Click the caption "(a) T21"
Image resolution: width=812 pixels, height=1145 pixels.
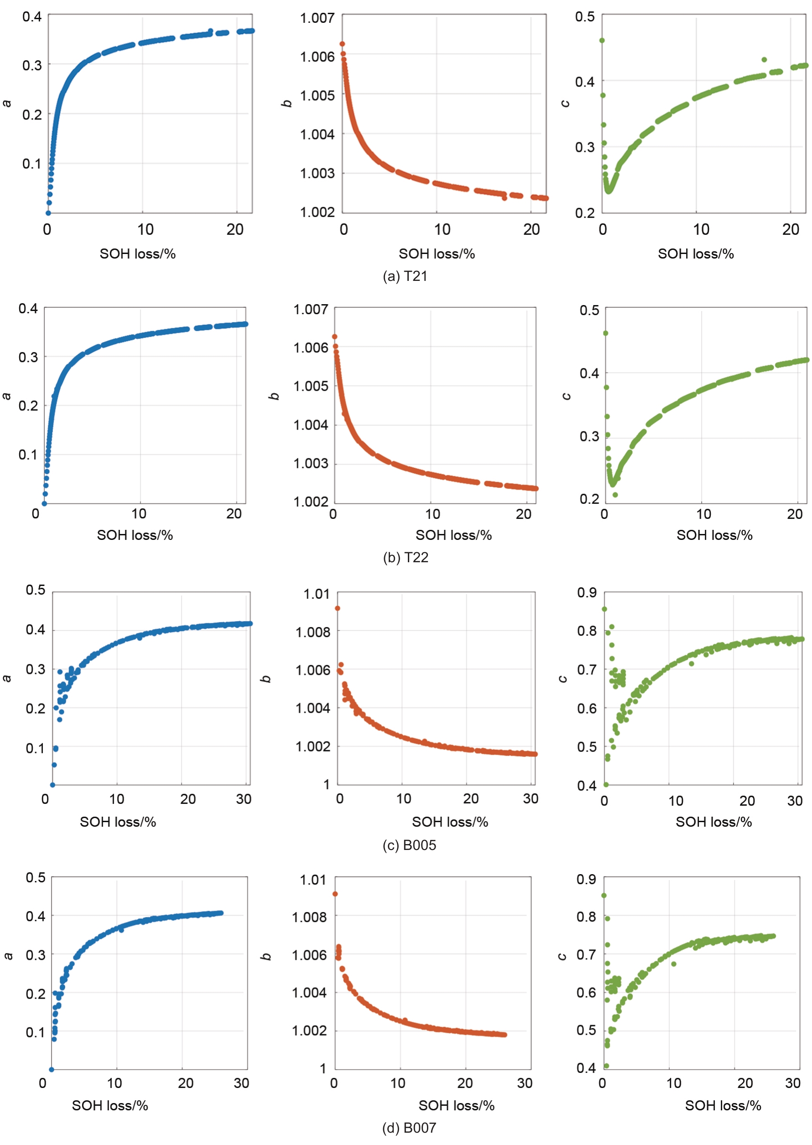[x=405, y=276]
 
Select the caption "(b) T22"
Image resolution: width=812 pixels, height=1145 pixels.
[x=406, y=557]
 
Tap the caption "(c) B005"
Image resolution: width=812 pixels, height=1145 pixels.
[x=409, y=845]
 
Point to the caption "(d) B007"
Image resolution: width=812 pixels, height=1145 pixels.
[x=409, y=1128]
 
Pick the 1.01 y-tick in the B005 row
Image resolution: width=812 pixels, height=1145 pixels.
[x=317, y=594]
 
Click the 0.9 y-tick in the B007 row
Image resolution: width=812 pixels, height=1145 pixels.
[x=586, y=880]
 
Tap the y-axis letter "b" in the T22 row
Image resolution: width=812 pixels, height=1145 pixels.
[x=274, y=396]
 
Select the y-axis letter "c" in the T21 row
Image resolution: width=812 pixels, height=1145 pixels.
[x=565, y=103]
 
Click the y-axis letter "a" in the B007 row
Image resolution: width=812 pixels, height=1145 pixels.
[x=9, y=955]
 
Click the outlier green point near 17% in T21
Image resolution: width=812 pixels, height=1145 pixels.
[x=764, y=60]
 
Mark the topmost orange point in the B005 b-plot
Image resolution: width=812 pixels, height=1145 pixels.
[x=338, y=608]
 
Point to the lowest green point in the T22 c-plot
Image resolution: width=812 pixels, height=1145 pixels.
[x=615, y=495]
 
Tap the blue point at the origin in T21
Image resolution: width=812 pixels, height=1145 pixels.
[x=48, y=213]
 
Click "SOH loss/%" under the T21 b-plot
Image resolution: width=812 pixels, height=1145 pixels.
[x=437, y=254]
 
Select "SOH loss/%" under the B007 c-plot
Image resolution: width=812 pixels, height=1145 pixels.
[x=723, y=1105]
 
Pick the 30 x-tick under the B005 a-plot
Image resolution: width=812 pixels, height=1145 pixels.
[x=243, y=799]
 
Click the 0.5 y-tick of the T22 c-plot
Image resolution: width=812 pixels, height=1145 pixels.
[x=589, y=310]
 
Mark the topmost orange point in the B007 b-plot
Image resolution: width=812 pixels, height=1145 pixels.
[x=335, y=894]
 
